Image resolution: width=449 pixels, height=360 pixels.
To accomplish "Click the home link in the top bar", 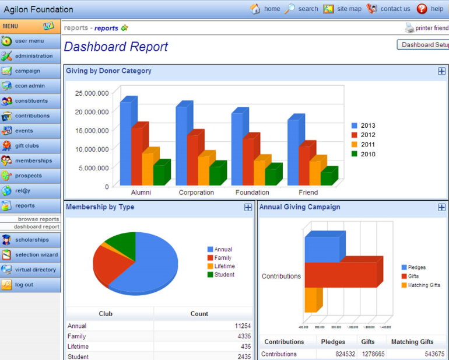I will (x=265, y=9).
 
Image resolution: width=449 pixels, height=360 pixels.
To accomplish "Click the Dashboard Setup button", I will (x=424, y=44).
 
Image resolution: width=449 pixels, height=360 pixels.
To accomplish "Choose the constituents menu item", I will (x=31, y=100).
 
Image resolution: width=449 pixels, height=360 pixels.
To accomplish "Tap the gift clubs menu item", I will (x=26, y=145).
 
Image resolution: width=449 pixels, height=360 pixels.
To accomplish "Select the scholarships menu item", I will (x=31, y=239).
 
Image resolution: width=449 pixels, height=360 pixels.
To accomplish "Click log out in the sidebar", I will (x=24, y=284).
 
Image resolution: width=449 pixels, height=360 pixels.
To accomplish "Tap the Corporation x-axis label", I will (x=196, y=193).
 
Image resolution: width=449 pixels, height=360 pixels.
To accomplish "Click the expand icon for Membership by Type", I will (x=248, y=207).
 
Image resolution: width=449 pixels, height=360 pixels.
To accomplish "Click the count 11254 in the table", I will (x=243, y=326).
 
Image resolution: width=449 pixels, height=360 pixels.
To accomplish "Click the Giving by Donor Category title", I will (x=108, y=71).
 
